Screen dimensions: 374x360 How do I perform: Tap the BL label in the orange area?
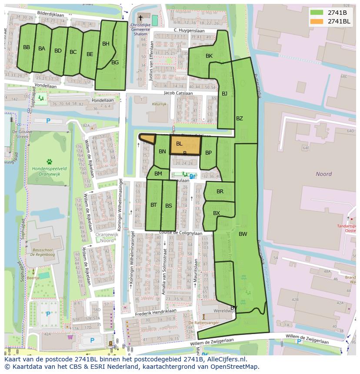tap(179, 144)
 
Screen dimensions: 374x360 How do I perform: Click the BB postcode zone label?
tap(27, 47)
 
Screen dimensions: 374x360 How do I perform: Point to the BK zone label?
tap(209, 56)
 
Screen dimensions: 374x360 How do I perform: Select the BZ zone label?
tap(240, 119)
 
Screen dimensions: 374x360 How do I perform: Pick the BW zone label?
tap(243, 234)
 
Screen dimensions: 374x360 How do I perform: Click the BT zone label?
tap(153, 205)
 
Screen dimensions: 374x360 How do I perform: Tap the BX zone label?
tap(217, 213)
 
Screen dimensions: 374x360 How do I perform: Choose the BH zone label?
tap(106, 44)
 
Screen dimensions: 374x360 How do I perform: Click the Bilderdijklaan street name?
tap(51, 13)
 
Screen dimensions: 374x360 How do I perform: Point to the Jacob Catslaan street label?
tap(178, 93)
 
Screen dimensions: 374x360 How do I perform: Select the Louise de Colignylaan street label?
tap(181, 233)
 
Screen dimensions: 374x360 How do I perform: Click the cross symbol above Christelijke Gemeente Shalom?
tap(140, 18)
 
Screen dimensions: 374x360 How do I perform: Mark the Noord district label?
tap(323, 174)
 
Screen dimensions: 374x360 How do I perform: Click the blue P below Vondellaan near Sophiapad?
tap(48, 121)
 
